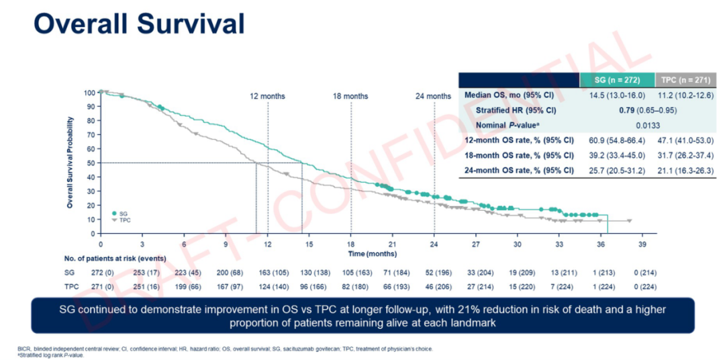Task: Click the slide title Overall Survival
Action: (x=139, y=24)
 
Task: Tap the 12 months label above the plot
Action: (x=267, y=96)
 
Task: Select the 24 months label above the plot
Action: (x=434, y=96)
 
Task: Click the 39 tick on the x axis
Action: (x=642, y=244)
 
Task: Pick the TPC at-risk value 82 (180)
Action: (x=352, y=287)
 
